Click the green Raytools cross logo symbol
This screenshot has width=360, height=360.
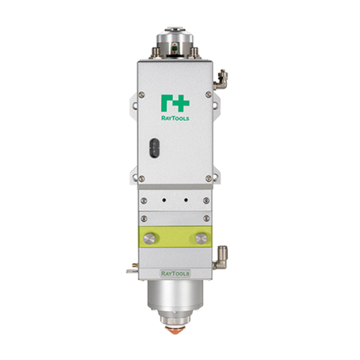175,104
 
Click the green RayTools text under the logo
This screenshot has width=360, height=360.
175,118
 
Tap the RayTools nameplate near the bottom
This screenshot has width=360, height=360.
175,274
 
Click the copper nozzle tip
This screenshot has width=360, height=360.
175,329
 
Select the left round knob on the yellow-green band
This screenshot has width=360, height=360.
149,238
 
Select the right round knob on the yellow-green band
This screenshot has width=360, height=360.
201,238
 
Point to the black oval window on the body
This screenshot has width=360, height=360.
154,148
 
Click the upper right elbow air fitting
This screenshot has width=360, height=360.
220,80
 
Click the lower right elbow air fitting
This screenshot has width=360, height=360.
220,258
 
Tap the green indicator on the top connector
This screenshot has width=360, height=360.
175,48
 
